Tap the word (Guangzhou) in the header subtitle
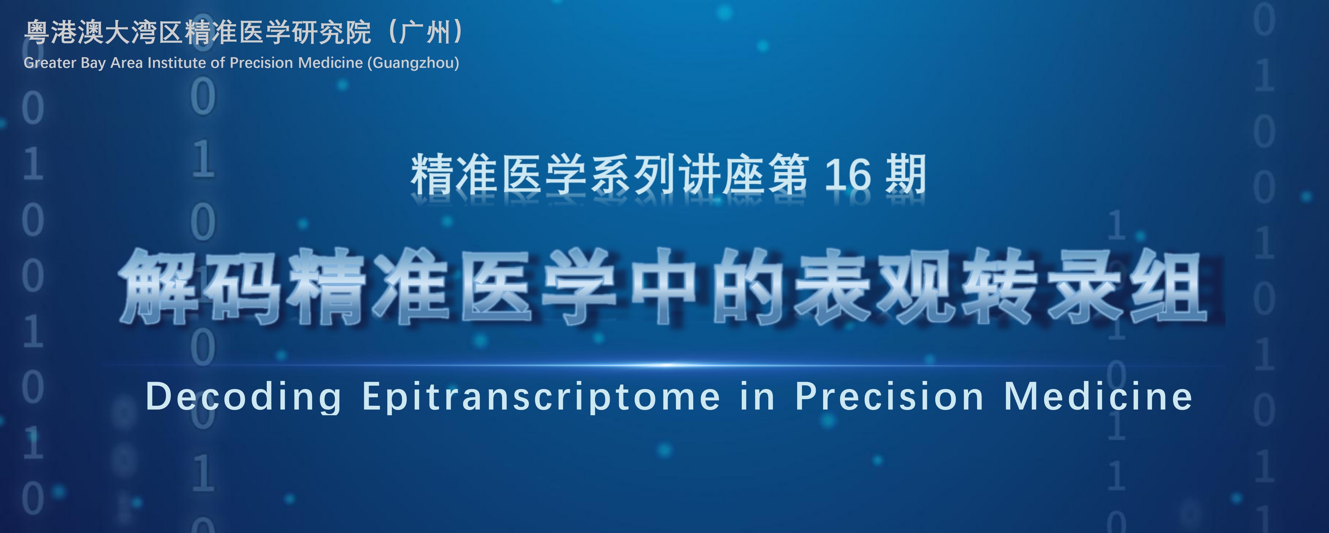(413, 63)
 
